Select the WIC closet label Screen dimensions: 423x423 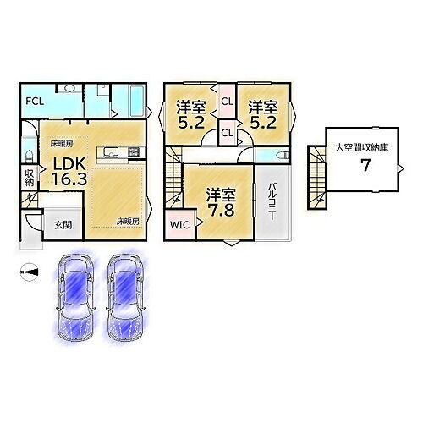click(x=180, y=226)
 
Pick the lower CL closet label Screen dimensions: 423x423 click(x=227, y=132)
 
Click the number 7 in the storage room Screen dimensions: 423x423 click(x=365, y=165)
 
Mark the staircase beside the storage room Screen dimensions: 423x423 click(x=318, y=174)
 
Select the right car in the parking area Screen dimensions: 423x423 click(x=124, y=296)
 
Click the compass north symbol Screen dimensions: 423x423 click(x=30, y=271)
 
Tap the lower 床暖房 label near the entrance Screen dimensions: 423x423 click(x=128, y=222)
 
